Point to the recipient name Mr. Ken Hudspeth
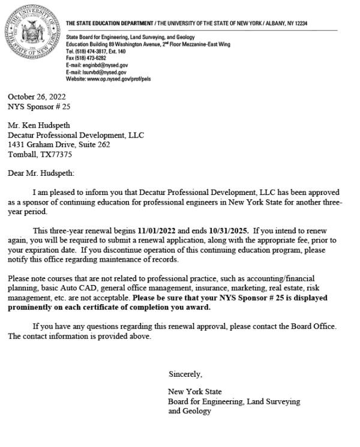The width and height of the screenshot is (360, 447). (40, 127)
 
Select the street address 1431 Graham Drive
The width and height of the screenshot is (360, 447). (44, 144)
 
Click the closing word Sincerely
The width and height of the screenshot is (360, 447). (185, 374)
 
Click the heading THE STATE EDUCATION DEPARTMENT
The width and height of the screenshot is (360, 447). (111, 23)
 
